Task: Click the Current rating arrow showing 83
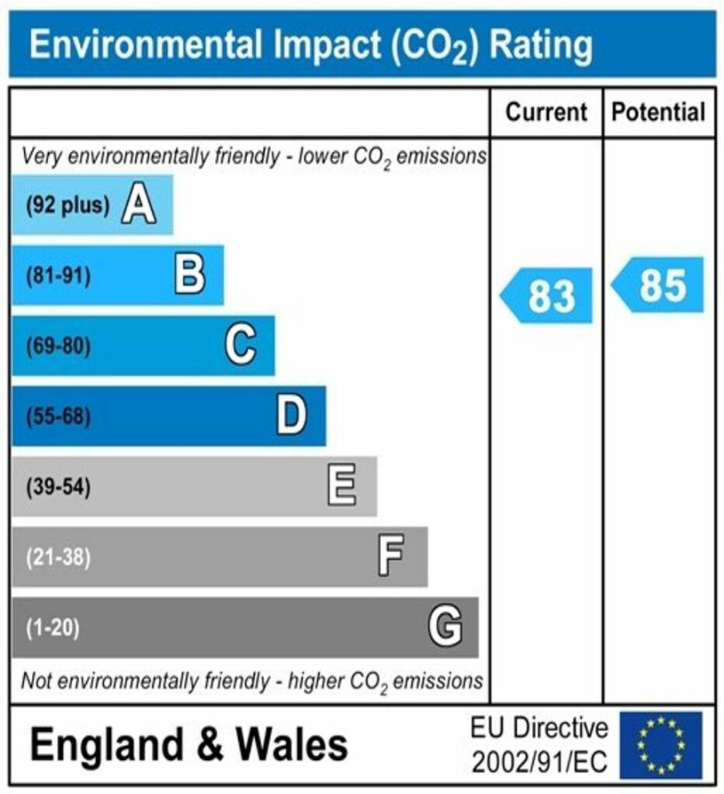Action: [547, 295]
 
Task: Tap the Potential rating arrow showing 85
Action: [660, 285]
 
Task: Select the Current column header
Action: [546, 112]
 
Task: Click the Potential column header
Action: [659, 112]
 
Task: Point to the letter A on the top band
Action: [138, 205]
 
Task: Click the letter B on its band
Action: [190, 275]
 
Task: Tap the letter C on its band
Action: [241, 346]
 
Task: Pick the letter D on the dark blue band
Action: [292, 416]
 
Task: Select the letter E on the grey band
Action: [342, 487]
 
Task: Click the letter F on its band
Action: [391, 557]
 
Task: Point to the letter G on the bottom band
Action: [445, 627]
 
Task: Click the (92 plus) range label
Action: [68, 205]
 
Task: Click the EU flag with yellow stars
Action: [660, 745]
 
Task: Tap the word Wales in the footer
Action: [293, 745]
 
